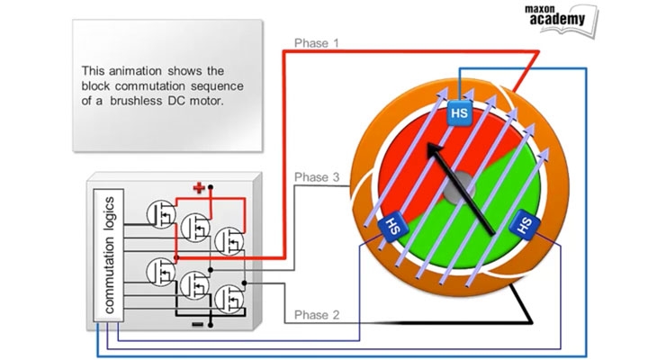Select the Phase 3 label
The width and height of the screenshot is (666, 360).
(316, 178)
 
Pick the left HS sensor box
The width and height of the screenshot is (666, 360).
(392, 225)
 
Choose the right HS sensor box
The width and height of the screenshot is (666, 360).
(526, 224)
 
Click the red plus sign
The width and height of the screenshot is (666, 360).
(199, 187)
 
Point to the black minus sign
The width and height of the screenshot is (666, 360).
(197, 323)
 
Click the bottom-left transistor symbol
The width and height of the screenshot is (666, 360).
(162, 269)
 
